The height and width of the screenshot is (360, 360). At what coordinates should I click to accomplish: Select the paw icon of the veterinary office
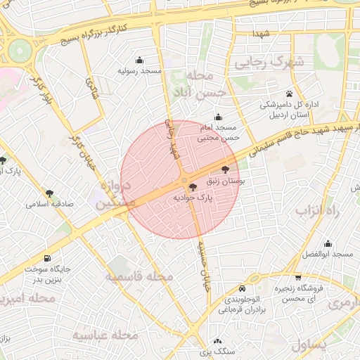[x=289, y=94]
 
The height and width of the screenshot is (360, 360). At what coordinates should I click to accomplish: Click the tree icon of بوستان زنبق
[x=225, y=169]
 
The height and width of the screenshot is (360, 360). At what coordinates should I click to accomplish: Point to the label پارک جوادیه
[x=193, y=199]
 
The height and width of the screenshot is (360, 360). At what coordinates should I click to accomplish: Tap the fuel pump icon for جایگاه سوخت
[x=47, y=258]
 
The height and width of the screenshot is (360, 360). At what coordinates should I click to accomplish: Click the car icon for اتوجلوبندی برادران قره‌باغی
[x=242, y=288]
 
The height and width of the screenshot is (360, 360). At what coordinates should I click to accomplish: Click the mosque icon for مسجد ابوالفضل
[x=328, y=243]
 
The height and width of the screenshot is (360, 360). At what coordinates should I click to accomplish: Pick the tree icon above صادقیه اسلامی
[x=49, y=193]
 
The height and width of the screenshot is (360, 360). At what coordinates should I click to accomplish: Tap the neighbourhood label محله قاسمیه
[x=139, y=276]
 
